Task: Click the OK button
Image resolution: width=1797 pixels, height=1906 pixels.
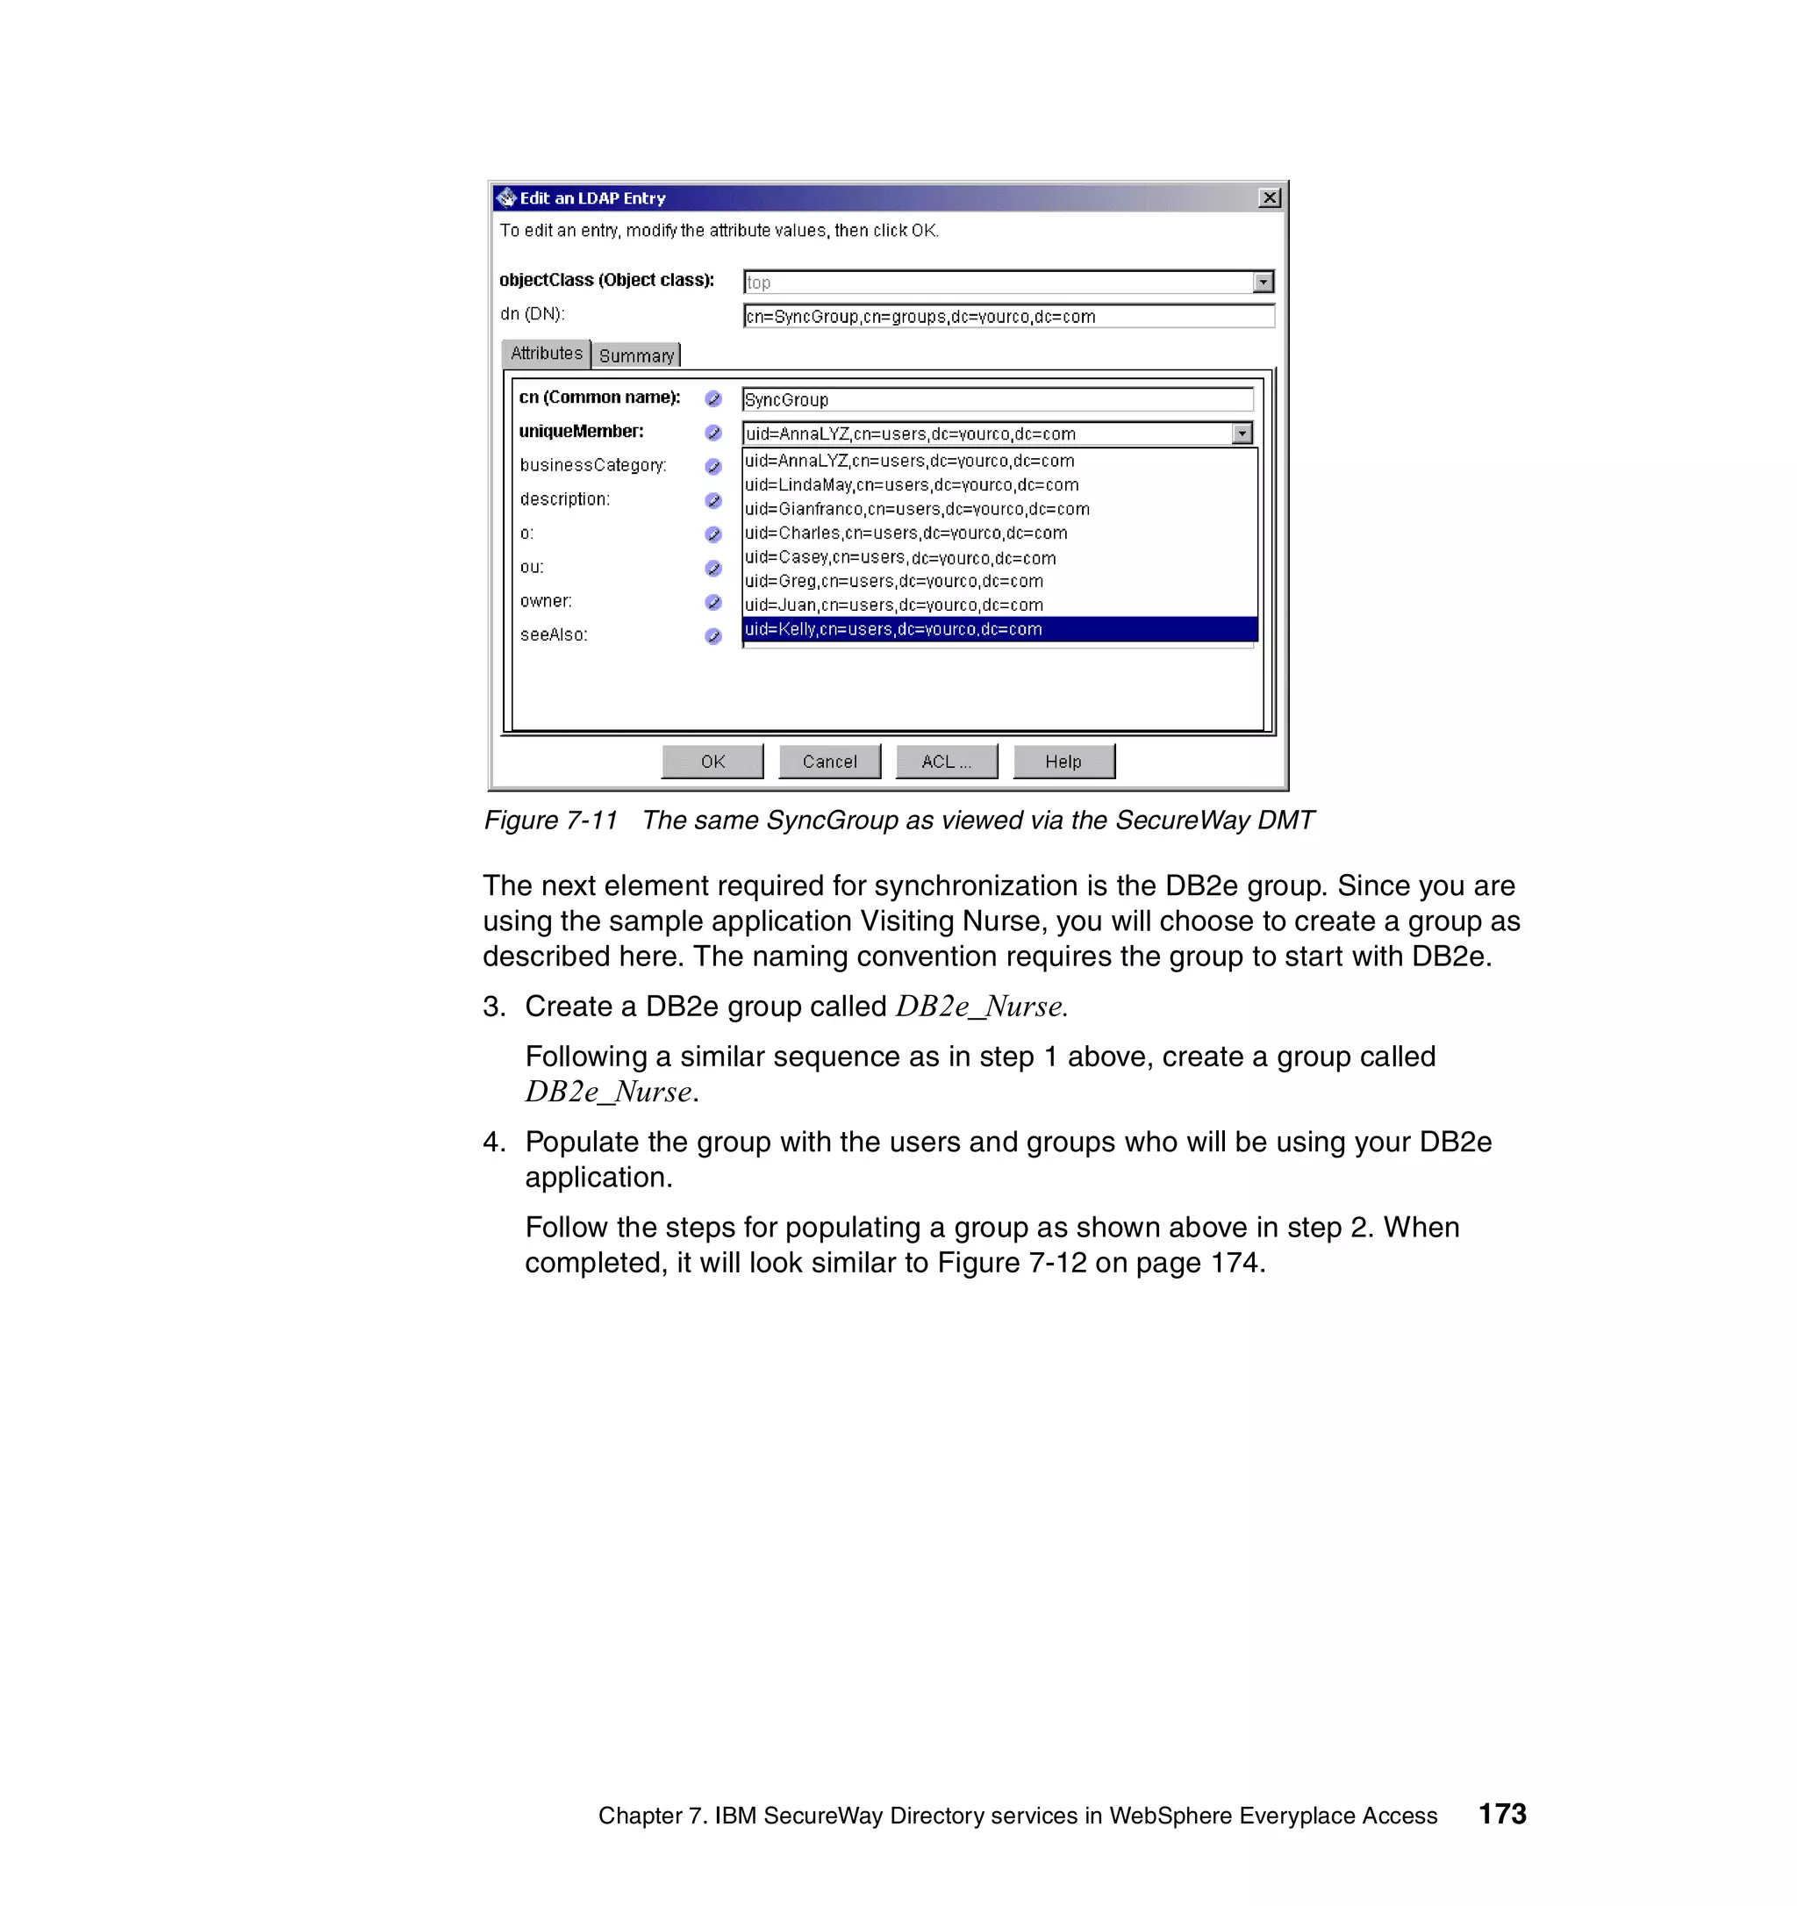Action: tap(712, 761)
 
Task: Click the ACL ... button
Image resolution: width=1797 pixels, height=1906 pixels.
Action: tap(946, 761)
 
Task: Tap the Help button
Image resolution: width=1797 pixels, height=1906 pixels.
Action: tap(1063, 761)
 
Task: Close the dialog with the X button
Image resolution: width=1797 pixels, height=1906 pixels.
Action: tap(1269, 197)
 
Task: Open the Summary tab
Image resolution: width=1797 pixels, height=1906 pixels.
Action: tap(636, 355)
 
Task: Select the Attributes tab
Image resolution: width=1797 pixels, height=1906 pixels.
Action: tap(547, 354)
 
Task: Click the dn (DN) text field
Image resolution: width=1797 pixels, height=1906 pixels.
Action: tap(1007, 317)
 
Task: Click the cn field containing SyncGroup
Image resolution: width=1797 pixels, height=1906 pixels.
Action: tap(997, 400)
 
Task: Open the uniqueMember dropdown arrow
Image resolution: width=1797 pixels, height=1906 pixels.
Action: tap(1241, 434)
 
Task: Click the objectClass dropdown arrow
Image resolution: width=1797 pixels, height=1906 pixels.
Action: tap(1264, 282)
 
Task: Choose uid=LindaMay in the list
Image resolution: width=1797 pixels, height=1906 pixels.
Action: tap(912, 485)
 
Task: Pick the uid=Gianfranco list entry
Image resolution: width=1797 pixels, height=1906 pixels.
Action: tap(917, 509)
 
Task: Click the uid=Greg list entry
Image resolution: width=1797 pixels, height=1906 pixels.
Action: tap(893, 581)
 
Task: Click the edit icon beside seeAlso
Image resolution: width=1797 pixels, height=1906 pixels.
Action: tap(713, 635)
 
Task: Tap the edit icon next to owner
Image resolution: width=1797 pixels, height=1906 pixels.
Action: tap(713, 602)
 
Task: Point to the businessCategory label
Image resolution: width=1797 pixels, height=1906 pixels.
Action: tap(593, 465)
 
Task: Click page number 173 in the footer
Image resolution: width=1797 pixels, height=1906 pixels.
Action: tap(1502, 1814)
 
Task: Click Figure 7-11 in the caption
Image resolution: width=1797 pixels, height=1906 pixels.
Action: tap(550, 820)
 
